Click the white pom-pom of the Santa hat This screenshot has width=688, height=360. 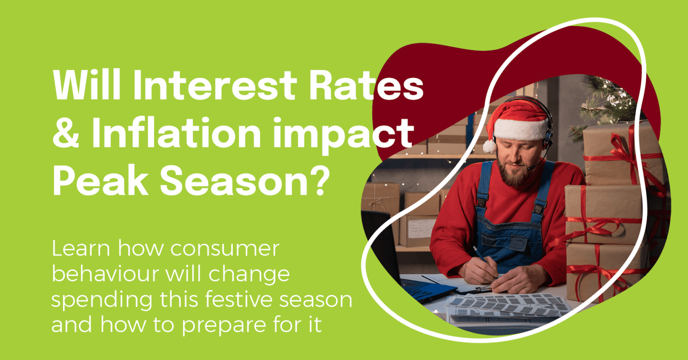coord(489,146)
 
